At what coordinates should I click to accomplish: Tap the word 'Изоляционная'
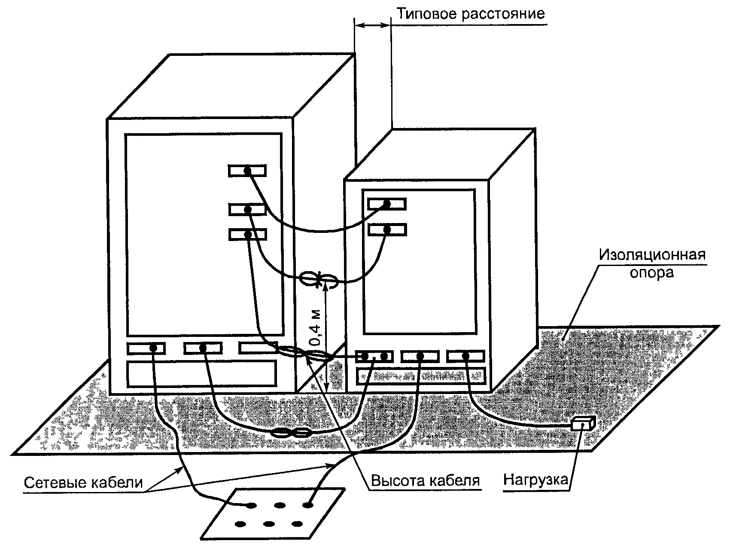(x=652, y=255)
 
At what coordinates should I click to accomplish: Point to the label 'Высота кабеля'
(x=425, y=480)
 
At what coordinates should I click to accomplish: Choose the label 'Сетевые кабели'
(x=82, y=482)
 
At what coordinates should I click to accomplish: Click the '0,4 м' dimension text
(x=315, y=328)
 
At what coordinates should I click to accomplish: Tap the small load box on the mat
(x=583, y=424)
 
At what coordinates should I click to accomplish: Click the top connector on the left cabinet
(x=247, y=171)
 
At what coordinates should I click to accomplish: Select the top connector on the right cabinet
(x=386, y=204)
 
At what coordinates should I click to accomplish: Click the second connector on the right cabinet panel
(x=386, y=229)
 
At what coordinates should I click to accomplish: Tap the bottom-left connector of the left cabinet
(x=146, y=348)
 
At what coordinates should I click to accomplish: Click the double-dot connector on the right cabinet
(x=374, y=356)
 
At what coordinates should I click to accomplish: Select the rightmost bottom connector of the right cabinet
(x=465, y=356)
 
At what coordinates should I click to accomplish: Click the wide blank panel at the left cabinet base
(x=201, y=373)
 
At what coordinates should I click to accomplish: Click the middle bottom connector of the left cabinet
(x=203, y=348)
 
